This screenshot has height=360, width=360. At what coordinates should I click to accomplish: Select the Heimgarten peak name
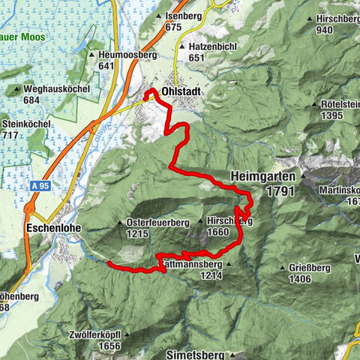265,177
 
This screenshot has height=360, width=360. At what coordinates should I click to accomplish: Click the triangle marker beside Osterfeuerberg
121,223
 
